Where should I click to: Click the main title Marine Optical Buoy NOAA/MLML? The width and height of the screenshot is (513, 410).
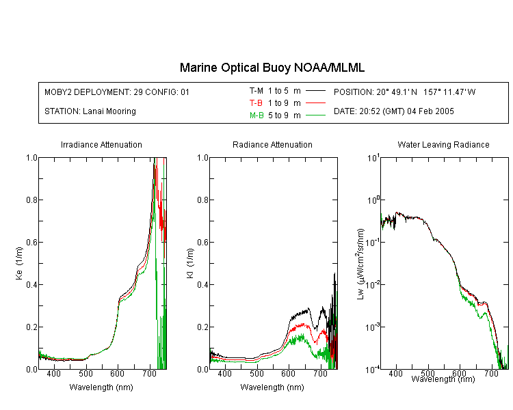[272, 68]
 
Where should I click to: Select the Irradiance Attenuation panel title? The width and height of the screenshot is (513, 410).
[101, 144]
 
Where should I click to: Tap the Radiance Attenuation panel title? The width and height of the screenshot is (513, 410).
[272, 144]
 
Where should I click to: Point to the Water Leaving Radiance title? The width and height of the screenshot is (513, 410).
[443, 144]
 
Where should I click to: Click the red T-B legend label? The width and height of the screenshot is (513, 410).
[256, 103]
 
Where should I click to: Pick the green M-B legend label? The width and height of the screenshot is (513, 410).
[256, 115]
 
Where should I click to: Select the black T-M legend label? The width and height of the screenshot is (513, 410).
[256, 91]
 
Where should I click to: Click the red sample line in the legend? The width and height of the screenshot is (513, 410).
[315, 103]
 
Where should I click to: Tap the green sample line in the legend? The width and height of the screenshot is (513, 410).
[315, 115]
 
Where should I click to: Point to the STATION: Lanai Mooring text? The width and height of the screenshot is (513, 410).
[90, 111]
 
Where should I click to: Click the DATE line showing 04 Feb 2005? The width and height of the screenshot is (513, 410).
[393, 111]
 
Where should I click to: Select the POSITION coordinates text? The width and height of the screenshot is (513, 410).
[404, 92]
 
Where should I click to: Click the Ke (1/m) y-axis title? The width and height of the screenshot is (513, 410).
[19, 264]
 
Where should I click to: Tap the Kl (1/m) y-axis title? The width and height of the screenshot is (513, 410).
[190, 264]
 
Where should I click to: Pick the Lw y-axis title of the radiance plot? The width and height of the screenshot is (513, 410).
[361, 264]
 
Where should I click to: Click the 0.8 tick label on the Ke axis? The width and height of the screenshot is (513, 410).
[31, 200]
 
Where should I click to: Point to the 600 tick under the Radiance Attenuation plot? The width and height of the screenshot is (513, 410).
[288, 373]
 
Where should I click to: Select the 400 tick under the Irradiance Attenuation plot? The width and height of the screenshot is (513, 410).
[53, 373]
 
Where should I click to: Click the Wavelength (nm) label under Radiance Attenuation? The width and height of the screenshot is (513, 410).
[272, 387]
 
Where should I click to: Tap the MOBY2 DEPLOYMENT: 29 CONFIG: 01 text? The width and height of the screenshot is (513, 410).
[117, 92]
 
